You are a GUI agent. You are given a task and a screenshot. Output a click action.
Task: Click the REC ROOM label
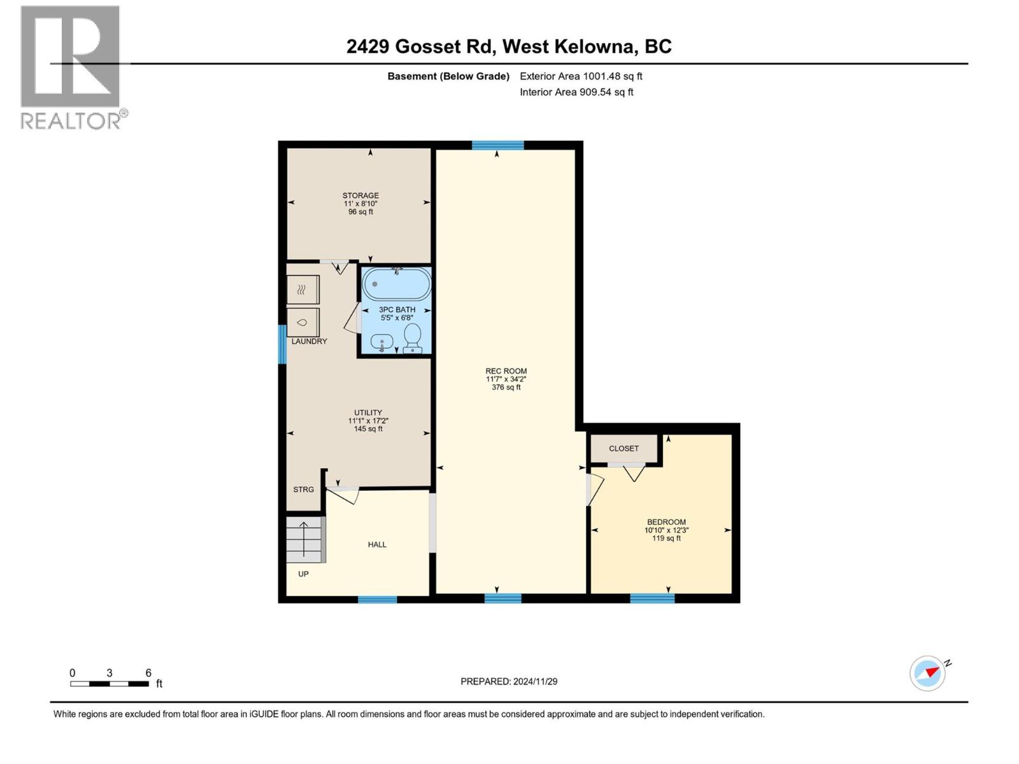coord(506,371)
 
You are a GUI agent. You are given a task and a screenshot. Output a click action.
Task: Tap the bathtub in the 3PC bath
coord(396,284)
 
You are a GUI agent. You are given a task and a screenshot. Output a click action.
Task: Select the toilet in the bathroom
coord(413,337)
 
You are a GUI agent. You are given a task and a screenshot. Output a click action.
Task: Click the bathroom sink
coord(381,343)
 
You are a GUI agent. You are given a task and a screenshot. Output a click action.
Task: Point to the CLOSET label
coord(624,448)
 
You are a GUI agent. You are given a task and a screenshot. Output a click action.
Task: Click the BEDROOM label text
coord(666,522)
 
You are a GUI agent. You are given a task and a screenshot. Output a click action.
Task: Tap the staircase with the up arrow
coord(305,539)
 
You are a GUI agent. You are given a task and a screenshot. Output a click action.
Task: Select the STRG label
coord(303,490)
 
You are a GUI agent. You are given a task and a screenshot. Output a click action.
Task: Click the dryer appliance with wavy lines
coord(303,290)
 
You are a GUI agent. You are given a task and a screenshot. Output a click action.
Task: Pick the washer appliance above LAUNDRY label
coord(303,322)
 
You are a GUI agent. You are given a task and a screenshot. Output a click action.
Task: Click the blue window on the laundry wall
coord(282,344)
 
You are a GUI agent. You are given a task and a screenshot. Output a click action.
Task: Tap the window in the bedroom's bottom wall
coord(652,598)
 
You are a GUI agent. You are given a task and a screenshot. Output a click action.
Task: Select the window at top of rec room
coord(497,145)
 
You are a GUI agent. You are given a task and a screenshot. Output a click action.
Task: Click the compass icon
coord(928,673)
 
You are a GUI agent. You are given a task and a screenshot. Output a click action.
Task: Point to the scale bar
coord(110,684)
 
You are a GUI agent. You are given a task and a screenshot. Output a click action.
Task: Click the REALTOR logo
coord(71,67)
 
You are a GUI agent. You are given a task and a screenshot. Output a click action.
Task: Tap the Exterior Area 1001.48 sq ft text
coord(581,76)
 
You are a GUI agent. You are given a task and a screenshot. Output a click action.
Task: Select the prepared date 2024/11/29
coord(509,681)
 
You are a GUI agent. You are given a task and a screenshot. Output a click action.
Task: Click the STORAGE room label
coord(360,195)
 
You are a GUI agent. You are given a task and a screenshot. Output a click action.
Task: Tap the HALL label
coord(377,544)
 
